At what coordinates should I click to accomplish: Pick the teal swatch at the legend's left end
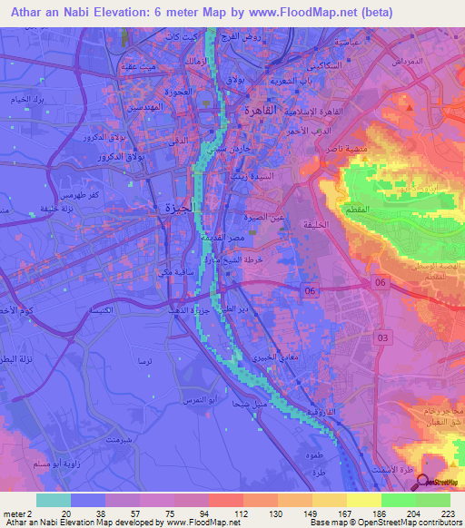tap(54, 499)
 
